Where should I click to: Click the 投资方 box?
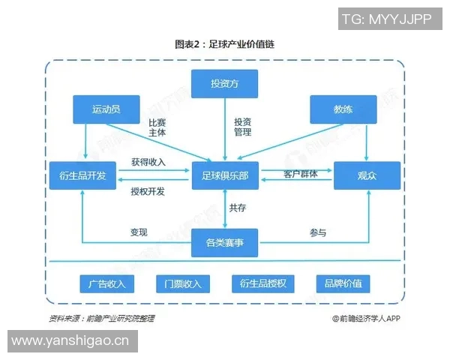[x=224, y=83]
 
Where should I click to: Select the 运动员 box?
[x=106, y=109]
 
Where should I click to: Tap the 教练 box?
[x=343, y=109]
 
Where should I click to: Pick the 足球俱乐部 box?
[x=224, y=175]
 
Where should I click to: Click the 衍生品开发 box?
[x=82, y=175]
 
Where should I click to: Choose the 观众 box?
[x=367, y=175]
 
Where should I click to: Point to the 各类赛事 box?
[x=224, y=242]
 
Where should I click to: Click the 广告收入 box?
[x=106, y=283]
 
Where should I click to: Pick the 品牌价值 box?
[x=343, y=283]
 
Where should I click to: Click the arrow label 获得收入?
[x=148, y=162]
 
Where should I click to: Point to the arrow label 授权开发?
[x=148, y=191]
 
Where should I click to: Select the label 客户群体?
[x=300, y=174]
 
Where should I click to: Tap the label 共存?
[x=238, y=208]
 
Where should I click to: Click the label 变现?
[x=139, y=232]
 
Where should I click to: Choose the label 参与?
[x=317, y=232]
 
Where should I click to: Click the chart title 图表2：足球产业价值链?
[x=224, y=45]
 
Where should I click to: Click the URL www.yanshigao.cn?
[x=71, y=341]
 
